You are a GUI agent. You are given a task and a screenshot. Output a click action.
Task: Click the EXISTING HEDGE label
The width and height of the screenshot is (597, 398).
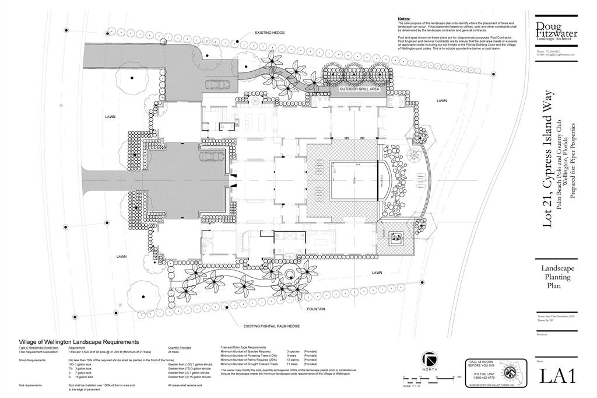(x=270, y=33)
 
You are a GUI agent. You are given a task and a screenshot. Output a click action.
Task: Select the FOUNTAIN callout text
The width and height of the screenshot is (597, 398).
(x=314, y=309)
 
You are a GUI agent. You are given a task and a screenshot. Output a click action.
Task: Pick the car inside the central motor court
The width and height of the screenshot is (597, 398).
(x=210, y=156)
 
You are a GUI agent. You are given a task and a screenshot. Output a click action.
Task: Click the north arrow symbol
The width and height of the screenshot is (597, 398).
(x=430, y=359)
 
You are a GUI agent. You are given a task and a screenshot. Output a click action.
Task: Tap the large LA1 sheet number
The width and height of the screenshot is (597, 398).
(x=557, y=376)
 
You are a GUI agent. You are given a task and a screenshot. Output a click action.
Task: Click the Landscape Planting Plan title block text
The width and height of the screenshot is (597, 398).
(x=558, y=277)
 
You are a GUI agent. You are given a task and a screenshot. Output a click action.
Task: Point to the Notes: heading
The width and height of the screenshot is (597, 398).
(x=404, y=19)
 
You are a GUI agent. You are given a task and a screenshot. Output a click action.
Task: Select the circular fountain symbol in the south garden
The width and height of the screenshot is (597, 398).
(x=290, y=275)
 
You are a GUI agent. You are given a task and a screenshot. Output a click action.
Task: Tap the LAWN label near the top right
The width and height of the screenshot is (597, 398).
(x=442, y=101)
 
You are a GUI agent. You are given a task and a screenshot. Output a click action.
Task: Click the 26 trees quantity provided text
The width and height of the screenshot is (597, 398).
(x=173, y=352)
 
